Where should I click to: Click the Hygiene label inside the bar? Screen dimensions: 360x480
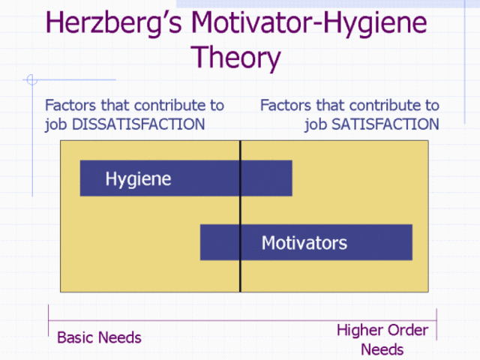coord(138,179)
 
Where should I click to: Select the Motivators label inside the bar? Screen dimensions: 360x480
coord(304,243)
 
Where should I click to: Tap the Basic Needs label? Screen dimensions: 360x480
coord(99,337)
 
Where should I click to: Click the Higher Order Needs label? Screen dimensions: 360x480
coord(382,339)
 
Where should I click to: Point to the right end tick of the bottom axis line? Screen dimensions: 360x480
coord(436,320)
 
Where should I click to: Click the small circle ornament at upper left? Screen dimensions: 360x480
coord(31,79)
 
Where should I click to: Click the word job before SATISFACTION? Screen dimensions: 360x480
coord(315,124)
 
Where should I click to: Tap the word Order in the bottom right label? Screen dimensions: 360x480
coord(407,330)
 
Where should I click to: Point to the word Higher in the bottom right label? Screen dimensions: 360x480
coord(359,330)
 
